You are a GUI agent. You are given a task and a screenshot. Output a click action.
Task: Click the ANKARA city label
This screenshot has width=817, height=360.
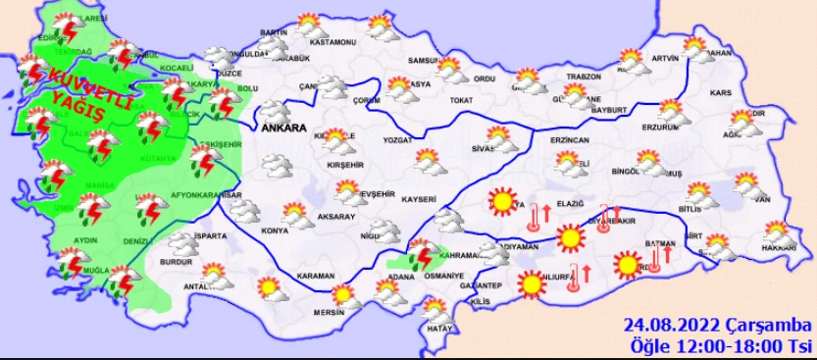[282, 128]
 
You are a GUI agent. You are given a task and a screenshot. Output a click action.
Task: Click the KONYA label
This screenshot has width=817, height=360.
[276, 231]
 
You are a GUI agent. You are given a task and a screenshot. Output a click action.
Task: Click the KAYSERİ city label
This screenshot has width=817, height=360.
[420, 199]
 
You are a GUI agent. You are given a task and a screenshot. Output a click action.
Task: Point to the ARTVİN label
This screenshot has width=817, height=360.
[664, 58]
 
